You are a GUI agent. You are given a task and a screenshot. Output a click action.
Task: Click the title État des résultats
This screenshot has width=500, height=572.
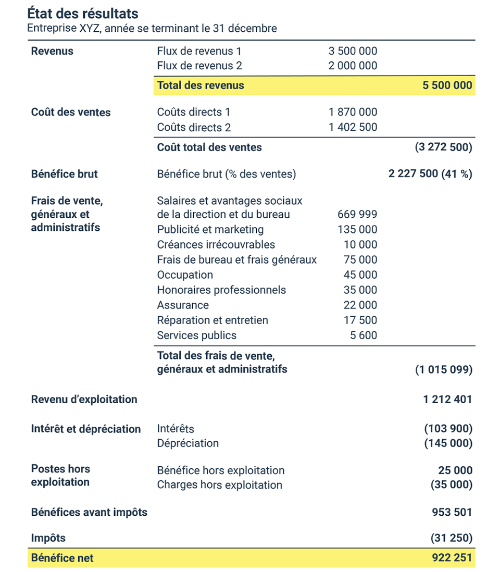point(83,13)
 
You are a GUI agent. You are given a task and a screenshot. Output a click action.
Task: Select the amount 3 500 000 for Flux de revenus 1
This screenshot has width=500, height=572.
point(353,51)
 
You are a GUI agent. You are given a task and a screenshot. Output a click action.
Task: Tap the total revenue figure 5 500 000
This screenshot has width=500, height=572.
point(447,85)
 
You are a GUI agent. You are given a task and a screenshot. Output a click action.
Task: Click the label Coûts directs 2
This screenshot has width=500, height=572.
point(194,128)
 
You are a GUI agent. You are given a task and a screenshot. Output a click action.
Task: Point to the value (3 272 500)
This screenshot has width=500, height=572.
point(443,147)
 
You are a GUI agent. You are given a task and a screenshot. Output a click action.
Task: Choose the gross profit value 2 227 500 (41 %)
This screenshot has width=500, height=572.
point(430,174)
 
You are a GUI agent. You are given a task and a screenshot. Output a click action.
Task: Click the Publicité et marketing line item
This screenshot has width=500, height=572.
point(210,230)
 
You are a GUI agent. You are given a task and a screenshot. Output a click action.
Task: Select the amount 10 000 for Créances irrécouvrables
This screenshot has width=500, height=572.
point(360,245)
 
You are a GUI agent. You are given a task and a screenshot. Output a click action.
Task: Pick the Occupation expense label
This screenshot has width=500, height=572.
point(185,275)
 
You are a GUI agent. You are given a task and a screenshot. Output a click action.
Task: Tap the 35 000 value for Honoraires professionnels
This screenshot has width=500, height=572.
point(360,290)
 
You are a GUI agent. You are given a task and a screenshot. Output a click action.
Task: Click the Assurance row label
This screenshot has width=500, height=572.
point(183,305)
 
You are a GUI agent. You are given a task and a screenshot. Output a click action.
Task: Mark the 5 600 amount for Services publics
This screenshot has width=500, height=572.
point(364,335)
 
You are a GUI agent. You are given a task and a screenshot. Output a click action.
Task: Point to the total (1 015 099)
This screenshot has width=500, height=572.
point(443,370)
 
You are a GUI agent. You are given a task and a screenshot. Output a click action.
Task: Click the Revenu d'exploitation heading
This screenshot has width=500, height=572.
point(84,400)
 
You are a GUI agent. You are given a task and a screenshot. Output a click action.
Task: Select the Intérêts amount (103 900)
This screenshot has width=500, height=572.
point(448,429)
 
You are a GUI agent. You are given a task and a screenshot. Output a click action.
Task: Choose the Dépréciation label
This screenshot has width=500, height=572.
point(188,443)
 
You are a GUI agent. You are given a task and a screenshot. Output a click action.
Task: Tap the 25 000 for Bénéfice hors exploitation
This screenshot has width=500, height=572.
point(455,470)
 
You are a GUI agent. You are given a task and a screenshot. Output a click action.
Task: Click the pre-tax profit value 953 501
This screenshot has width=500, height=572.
point(452,512)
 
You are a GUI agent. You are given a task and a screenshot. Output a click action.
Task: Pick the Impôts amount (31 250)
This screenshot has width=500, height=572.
point(452,538)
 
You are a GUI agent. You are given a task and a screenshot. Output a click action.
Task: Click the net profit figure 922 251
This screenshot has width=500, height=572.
point(452,558)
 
